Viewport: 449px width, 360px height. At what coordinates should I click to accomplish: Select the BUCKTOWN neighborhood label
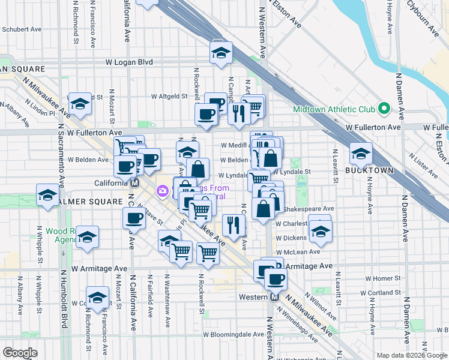369,170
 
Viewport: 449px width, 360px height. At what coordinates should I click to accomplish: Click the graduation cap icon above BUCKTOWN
361,154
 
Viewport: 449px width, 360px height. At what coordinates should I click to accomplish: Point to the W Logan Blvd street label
129,62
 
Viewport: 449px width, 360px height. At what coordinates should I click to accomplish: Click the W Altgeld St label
170,96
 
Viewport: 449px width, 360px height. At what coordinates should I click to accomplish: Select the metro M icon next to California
135,183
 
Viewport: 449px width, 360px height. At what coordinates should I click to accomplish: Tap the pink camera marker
161,191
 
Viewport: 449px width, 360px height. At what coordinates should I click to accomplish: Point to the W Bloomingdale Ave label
233,334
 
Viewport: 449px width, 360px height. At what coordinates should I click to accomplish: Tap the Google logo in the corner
20,353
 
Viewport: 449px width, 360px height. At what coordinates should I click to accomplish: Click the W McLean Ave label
298,252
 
